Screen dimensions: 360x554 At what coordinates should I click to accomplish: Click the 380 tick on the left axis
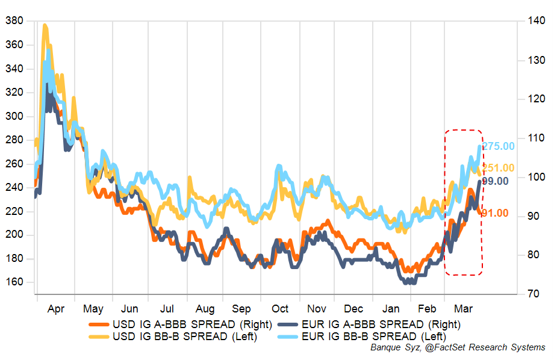click(13, 21)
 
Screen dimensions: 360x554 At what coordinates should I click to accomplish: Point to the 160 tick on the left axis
click(13, 282)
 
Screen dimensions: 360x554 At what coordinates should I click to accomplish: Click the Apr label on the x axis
click(55, 309)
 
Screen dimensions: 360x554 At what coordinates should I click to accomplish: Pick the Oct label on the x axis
click(280, 309)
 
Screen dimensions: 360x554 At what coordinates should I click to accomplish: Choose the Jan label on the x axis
click(391, 309)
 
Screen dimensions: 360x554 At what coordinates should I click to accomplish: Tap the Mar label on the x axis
click(462, 309)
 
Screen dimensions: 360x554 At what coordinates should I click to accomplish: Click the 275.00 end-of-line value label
click(499, 146)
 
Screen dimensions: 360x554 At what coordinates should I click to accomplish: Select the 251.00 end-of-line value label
click(499, 168)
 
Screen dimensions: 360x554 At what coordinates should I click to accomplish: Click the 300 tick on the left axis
click(13, 116)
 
